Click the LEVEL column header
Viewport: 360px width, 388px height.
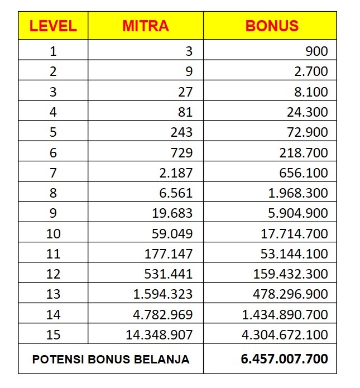coord(53,26)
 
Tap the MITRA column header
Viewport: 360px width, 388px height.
coord(145,26)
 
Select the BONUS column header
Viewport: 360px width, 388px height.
coord(272,26)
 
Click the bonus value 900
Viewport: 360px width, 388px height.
coord(316,51)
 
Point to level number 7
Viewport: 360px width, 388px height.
coord(53,173)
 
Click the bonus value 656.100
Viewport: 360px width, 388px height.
coord(304,173)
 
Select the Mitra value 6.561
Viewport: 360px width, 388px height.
coord(176,193)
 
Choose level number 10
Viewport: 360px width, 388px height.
coord(53,233)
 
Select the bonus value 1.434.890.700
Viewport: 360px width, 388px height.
coord(285,314)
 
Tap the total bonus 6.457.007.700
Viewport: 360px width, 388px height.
coord(285,358)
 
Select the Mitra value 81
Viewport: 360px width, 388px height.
coord(185,112)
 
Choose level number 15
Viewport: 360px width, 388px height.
coord(53,335)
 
